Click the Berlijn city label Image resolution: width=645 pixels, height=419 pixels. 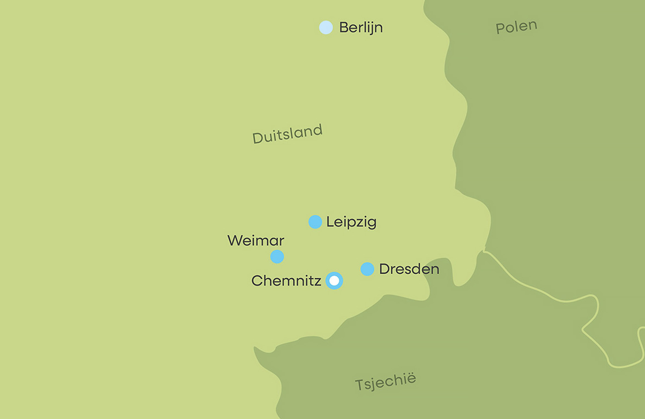361,28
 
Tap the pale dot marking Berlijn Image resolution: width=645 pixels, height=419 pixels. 326,28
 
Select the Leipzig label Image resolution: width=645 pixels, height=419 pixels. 351,222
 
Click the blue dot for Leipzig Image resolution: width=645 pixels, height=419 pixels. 315,222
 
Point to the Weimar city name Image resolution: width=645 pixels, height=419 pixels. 256,240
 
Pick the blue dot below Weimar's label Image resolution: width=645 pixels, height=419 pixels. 277,256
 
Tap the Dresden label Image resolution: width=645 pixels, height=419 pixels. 409,269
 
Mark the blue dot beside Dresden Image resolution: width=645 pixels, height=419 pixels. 367,269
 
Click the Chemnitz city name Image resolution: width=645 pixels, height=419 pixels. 286,280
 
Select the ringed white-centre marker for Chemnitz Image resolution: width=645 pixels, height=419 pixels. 334,280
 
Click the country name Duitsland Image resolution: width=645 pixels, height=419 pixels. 287,134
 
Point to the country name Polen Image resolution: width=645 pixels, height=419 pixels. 516,27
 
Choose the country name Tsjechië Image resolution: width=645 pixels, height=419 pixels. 385,382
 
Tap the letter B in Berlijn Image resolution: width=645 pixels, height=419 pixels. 343,28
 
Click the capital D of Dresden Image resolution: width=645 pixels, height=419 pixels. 384,269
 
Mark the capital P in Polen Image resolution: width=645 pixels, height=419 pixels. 500,29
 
